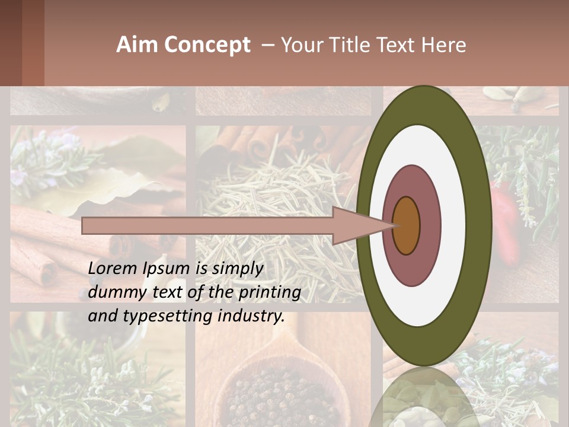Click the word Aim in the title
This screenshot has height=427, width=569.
point(136,45)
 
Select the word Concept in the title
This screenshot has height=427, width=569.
point(207,45)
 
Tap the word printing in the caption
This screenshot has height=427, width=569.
point(269,292)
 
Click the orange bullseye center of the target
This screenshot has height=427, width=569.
point(407,225)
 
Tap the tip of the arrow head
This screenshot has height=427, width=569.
point(393,225)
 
